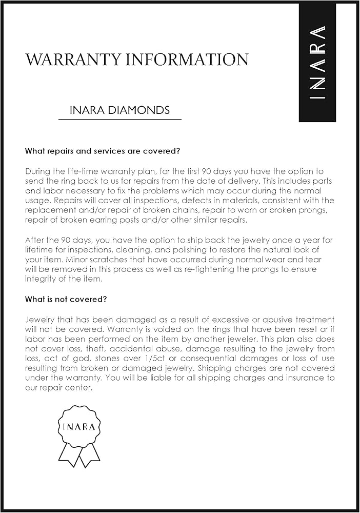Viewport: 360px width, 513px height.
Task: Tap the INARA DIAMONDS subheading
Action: (x=119, y=110)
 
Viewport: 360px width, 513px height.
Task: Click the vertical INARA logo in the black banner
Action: (x=317, y=62)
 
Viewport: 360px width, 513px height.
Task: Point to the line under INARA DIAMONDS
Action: (x=119, y=119)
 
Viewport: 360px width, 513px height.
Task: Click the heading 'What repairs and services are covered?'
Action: (x=102, y=151)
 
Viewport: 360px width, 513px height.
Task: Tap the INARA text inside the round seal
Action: (x=79, y=427)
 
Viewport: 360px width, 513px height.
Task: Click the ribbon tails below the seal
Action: (x=79, y=454)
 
